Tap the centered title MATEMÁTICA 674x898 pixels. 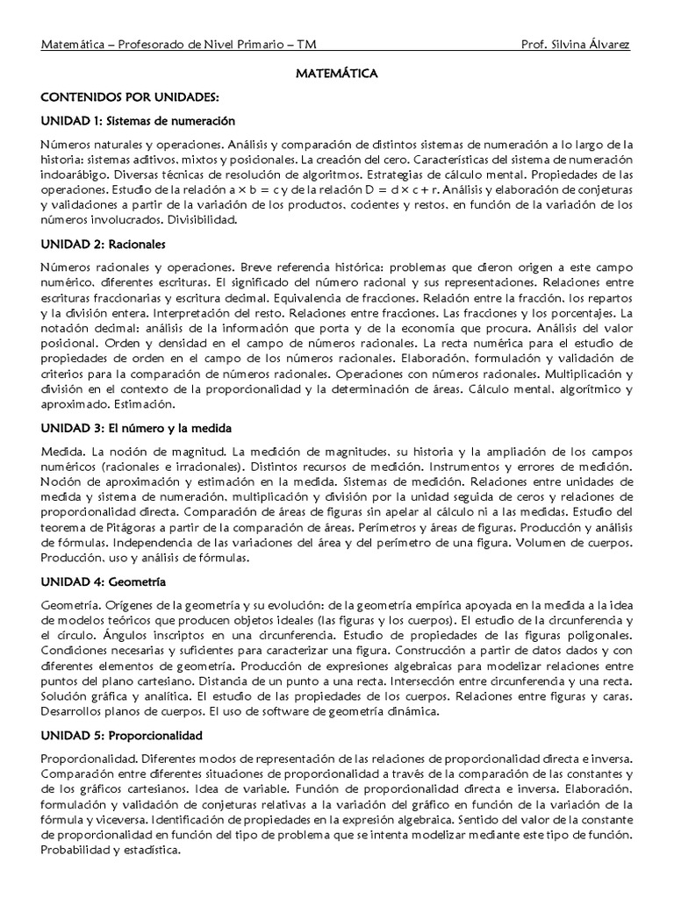pos(336,75)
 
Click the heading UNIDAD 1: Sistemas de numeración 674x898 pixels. pos(138,120)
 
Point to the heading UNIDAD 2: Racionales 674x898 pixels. pos(103,242)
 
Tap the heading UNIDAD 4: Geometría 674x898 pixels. pos(104,581)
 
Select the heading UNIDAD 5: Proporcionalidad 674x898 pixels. pos(122,734)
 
